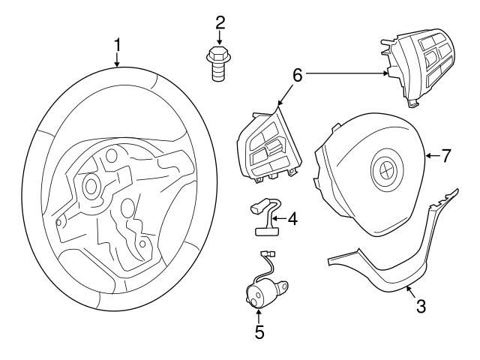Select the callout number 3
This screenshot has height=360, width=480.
[421, 306]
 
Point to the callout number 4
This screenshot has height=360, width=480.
[292, 219]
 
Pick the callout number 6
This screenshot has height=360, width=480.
[297, 75]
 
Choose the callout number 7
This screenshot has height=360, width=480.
[445, 156]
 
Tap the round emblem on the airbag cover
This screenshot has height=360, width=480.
[382, 170]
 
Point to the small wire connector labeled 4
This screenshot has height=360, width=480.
[262, 217]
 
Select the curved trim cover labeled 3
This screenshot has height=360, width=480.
[390, 262]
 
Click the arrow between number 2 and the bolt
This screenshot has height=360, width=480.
[220, 37]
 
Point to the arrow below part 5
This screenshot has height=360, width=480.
[259, 316]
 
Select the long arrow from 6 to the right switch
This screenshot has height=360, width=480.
[345, 73]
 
